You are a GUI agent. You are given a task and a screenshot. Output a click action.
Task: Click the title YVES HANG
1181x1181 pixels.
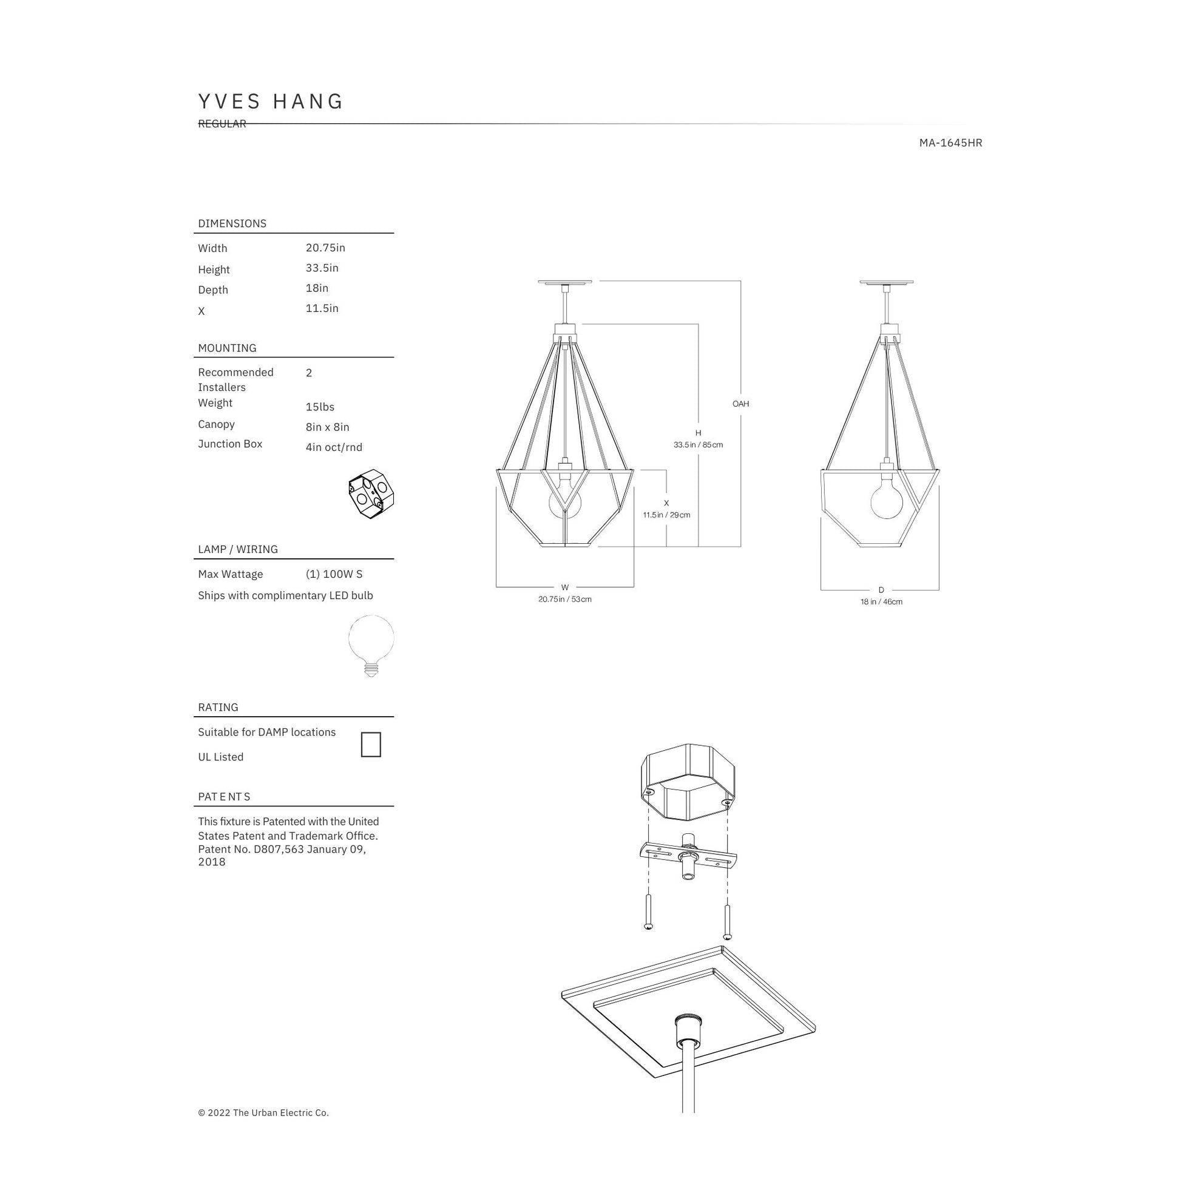coord(271,101)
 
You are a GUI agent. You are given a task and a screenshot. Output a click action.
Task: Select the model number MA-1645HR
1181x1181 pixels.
coord(950,143)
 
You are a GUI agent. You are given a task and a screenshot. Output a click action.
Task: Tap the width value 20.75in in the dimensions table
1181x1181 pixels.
coord(325,248)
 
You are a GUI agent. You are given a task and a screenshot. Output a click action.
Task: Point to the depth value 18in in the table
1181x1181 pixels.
coord(317,288)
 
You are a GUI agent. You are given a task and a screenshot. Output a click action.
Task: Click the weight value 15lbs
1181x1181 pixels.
coord(320,407)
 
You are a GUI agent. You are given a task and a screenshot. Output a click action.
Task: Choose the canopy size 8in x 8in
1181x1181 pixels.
coord(327,427)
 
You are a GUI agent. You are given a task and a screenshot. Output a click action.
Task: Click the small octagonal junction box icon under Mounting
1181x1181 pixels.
coord(371,494)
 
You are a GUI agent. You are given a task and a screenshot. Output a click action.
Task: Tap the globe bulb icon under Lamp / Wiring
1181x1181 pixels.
coord(371,646)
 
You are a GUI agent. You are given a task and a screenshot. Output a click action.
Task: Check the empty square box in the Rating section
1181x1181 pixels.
coord(371,745)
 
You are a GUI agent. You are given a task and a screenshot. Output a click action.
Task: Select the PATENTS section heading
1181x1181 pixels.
coord(224,796)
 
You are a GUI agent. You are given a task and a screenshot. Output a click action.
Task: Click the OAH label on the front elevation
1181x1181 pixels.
coord(740,404)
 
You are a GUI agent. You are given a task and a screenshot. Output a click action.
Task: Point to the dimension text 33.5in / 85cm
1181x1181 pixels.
coord(698,444)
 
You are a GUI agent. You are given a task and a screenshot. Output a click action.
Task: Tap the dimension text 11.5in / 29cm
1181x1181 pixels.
coord(666,515)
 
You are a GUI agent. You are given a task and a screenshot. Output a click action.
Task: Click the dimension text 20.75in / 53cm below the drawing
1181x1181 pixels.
coord(565,599)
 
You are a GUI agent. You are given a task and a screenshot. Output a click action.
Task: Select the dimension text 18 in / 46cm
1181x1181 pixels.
coord(881,601)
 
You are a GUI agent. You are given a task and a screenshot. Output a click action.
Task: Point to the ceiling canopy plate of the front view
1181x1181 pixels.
coord(565,282)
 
